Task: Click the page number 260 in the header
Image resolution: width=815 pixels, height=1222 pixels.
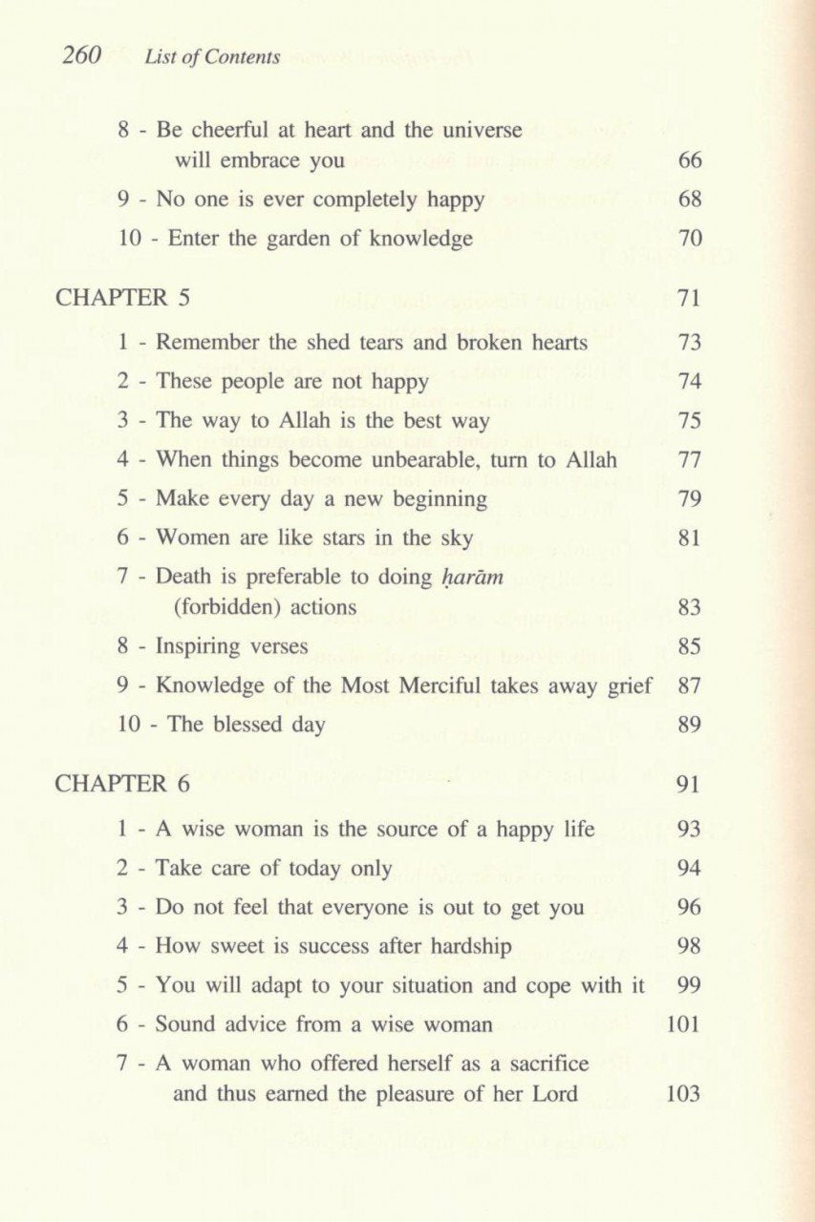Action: click(x=81, y=55)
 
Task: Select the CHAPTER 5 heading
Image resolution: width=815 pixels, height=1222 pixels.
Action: click(x=123, y=297)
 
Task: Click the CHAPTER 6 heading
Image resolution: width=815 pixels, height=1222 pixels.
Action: click(x=123, y=784)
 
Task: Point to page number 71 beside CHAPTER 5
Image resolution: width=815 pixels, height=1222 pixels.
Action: click(x=689, y=298)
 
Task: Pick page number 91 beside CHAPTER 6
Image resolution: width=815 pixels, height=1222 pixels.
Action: click(x=689, y=785)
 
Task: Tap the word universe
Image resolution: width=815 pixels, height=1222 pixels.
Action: click(x=481, y=129)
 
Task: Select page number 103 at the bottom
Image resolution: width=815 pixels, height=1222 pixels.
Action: click(x=683, y=1093)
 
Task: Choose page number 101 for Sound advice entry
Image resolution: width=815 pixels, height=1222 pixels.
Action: click(x=683, y=1024)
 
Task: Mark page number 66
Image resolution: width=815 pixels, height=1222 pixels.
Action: click(x=690, y=160)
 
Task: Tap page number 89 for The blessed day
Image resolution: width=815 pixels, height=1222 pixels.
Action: click(x=689, y=725)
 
